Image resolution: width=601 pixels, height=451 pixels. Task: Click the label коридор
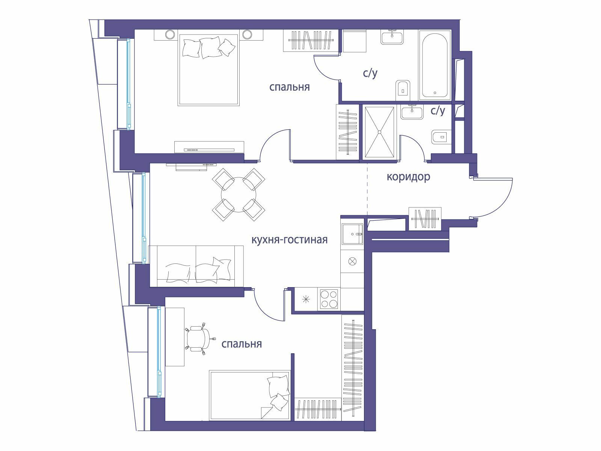408,177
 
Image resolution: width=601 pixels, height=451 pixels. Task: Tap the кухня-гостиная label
289,240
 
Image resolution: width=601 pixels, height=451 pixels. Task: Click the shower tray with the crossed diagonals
379,132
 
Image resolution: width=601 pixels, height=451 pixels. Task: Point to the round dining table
239,195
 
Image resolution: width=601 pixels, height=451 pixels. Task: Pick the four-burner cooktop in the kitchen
329,299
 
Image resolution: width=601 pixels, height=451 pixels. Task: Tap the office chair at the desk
199,339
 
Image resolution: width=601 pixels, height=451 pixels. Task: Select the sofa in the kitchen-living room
196,266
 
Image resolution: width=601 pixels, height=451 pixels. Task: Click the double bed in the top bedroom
208,70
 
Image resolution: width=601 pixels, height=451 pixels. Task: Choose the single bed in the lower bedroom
249,395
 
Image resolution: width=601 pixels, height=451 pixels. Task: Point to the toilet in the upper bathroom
403,90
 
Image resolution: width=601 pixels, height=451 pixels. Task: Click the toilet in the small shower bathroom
441,136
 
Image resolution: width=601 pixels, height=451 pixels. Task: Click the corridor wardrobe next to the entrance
425,218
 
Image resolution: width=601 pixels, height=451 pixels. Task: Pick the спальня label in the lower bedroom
242,344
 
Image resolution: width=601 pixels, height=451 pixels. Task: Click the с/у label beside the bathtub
370,73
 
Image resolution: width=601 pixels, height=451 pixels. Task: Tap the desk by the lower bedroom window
175,337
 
